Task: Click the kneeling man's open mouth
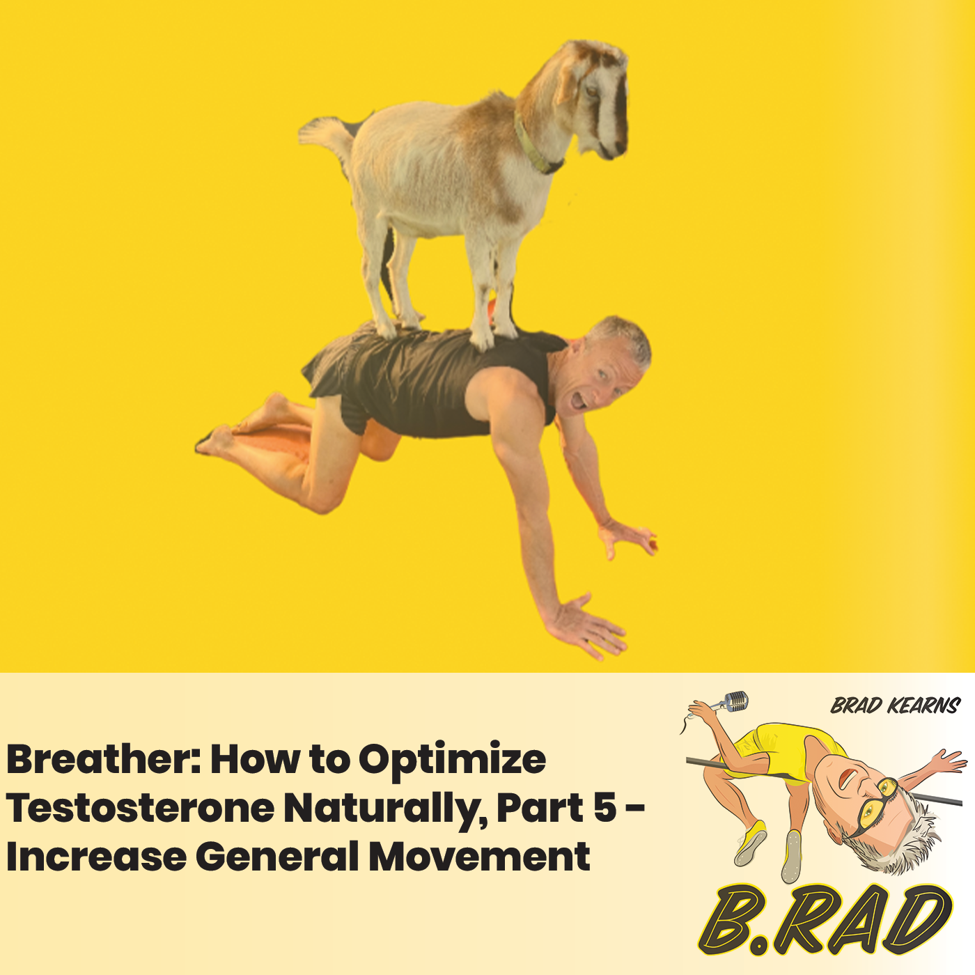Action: point(577,401)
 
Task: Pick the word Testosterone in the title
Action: point(139,808)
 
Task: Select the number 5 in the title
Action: point(604,808)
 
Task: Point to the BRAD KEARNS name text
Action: point(895,706)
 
